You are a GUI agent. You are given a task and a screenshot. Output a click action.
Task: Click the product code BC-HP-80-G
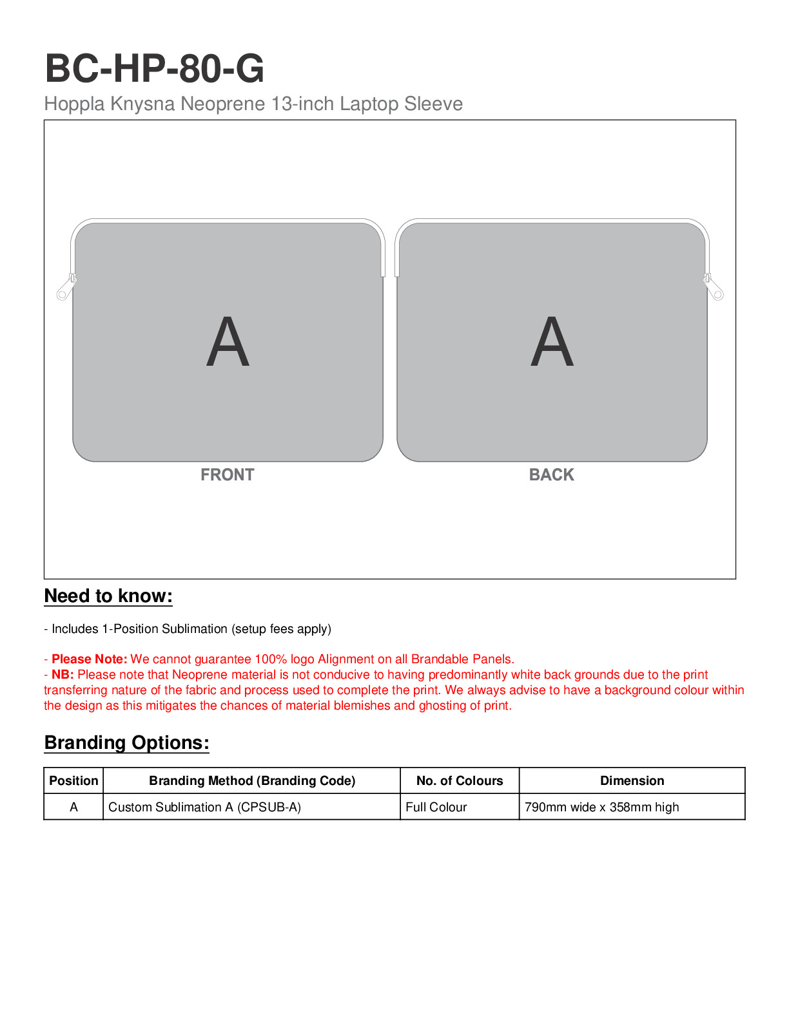click(x=154, y=68)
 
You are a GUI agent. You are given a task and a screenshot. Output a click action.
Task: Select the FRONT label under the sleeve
click(x=227, y=475)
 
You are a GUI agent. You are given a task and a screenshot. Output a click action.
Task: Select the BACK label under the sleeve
click(x=551, y=475)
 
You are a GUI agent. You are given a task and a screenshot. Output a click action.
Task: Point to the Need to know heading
click(x=108, y=596)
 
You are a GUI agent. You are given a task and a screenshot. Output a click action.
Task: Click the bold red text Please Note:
click(x=90, y=659)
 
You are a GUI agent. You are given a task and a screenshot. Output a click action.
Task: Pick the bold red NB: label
click(x=63, y=674)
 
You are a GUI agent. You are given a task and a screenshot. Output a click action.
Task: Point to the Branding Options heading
click(x=126, y=742)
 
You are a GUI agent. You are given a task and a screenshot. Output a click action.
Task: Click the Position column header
click(x=73, y=780)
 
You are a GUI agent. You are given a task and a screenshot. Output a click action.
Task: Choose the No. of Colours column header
click(x=460, y=780)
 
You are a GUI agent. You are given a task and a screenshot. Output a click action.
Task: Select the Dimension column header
click(x=632, y=780)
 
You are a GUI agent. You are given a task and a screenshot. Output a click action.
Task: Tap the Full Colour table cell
click(x=436, y=807)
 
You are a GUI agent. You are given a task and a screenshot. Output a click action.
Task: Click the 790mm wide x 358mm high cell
click(x=601, y=807)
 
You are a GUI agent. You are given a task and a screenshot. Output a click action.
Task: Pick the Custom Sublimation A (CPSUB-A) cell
click(x=204, y=807)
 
